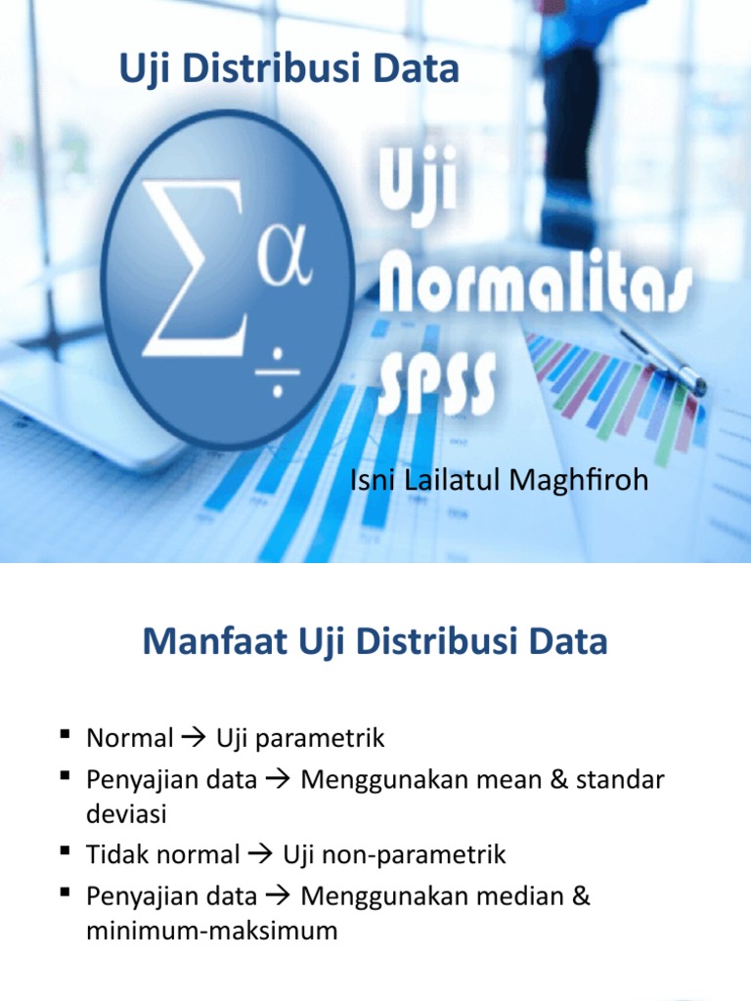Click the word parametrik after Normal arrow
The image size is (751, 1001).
click(330, 738)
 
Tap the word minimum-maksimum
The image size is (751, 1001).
click(211, 932)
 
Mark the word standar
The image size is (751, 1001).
click(620, 780)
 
